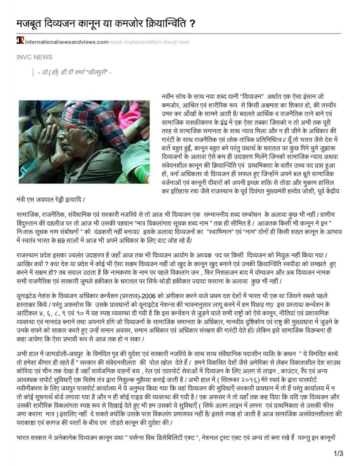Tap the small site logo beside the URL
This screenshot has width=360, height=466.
point(20,41)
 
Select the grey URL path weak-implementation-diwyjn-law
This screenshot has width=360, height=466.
point(149,41)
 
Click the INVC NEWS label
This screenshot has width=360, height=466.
point(34,57)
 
